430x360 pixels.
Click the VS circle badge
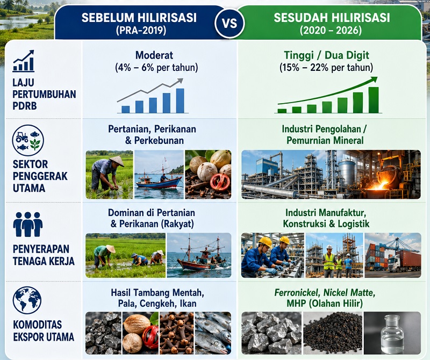click(230, 23)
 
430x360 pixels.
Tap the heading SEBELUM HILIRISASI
click(139, 18)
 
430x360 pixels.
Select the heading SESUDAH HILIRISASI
click(332, 18)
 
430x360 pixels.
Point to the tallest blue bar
click(180, 100)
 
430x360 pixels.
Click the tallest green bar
click(374, 100)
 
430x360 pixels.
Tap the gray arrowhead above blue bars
click(180, 81)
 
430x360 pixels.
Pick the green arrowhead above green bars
click(374, 80)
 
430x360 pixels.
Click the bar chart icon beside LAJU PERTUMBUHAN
click(24, 61)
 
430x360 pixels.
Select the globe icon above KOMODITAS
click(27, 300)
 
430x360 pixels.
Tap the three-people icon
click(28, 224)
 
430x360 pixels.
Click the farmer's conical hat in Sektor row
click(117, 161)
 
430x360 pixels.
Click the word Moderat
click(154, 55)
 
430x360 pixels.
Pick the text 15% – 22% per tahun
click(326, 68)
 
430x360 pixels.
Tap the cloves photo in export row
click(177, 333)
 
